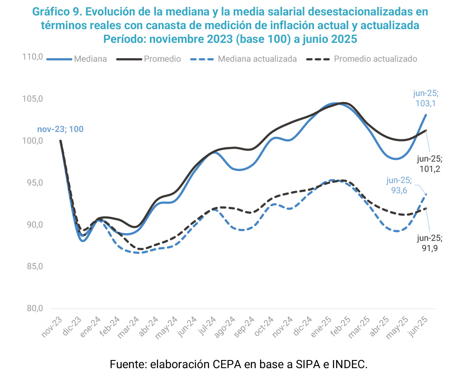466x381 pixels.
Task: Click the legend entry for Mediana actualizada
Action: click(257, 59)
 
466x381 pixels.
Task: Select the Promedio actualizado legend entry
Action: click(375, 59)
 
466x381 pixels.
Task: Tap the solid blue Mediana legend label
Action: click(90, 59)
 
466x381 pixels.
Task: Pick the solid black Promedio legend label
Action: click(162, 59)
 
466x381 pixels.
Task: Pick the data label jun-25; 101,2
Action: click(429, 164)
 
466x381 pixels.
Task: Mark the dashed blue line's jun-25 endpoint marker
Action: click(426, 195)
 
